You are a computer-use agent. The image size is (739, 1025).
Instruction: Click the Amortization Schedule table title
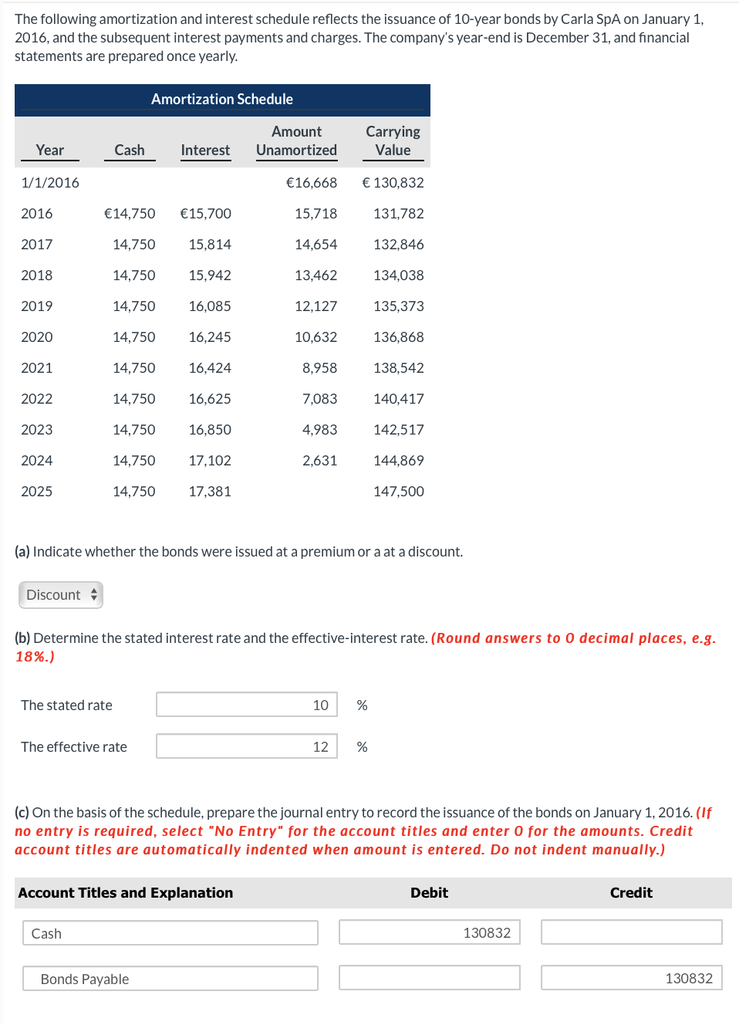221,100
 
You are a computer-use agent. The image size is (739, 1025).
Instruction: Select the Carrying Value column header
393,141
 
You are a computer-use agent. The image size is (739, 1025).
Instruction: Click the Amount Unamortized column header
296,141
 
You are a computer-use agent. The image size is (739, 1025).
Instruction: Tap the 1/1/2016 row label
50,183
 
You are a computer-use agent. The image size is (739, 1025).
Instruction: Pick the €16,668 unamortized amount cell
312,183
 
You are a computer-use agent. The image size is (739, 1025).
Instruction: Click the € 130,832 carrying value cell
393,183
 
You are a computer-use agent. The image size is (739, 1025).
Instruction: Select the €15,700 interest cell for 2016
205,214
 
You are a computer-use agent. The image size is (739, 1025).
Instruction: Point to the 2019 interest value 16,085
210,306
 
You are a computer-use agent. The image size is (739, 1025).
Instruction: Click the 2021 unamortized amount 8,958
319,368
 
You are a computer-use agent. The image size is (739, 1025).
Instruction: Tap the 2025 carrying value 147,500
398,492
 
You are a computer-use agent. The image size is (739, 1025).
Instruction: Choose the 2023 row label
37,430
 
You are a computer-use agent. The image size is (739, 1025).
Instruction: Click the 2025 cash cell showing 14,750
133,492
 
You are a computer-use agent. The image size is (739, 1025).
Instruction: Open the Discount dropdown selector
61,595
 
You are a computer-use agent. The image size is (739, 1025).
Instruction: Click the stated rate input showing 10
247,705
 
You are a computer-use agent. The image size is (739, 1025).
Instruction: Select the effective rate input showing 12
247,746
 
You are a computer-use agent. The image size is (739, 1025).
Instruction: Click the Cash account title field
170,933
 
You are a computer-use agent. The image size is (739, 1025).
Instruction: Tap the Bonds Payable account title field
170,979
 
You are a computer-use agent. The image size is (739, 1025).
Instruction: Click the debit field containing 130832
430,932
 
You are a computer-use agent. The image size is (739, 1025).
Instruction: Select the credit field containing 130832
631,978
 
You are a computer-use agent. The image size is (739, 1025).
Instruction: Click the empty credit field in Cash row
631,932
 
